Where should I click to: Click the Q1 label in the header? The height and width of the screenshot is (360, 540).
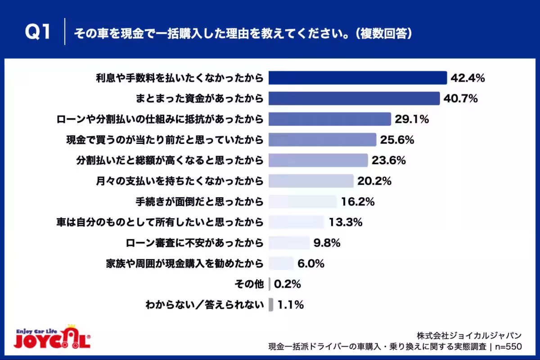tap(38, 31)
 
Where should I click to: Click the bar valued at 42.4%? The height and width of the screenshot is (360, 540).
tap(358, 78)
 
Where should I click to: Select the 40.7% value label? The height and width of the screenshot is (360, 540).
tap(460, 99)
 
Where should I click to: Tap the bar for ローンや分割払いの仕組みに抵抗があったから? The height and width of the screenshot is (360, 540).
tap(330, 119)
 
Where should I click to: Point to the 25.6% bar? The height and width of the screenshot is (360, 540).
tap(322, 139)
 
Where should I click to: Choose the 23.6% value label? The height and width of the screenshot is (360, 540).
tap(389, 160)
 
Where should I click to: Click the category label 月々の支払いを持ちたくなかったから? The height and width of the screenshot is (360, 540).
tap(180, 181)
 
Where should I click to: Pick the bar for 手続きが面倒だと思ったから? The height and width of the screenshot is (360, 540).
tap(302, 201)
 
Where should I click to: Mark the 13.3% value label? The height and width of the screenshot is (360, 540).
tap(346, 222)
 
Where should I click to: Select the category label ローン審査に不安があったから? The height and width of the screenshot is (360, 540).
tap(194, 243)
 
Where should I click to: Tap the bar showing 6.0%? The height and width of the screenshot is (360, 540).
tap(281, 263)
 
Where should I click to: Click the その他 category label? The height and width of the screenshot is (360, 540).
tap(249, 284)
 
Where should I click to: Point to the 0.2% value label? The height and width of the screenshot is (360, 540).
tap(288, 284)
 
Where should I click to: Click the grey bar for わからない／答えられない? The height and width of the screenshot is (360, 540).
tap(271, 305)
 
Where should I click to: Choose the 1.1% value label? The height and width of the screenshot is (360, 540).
tap(291, 305)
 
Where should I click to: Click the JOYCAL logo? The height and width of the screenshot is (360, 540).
tap(52, 337)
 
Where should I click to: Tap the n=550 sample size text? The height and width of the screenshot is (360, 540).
tap(508, 346)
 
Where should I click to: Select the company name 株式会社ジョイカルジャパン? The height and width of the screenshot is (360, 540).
tap(469, 335)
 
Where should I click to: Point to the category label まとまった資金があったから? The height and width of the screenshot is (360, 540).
tap(199, 99)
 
